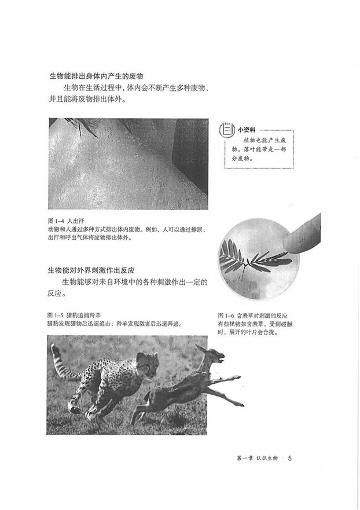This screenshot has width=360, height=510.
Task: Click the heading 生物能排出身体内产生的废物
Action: pyautogui.click(x=96, y=76)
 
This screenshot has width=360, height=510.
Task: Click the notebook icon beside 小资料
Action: pyautogui.click(x=229, y=131)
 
